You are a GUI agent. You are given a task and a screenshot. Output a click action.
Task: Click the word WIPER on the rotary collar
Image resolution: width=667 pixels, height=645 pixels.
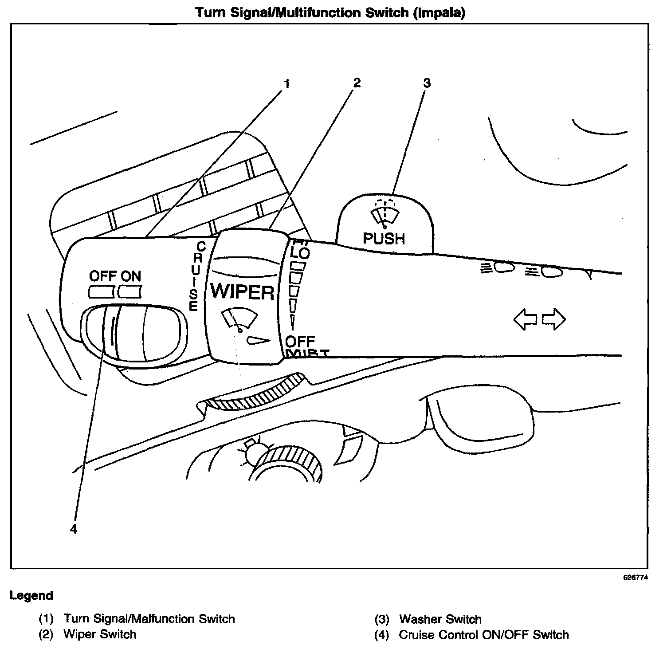tap(243, 292)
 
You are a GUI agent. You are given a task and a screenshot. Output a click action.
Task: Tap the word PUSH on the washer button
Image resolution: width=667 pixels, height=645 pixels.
tap(384, 239)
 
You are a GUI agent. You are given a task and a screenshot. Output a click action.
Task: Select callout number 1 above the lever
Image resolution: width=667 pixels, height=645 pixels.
tap(286, 84)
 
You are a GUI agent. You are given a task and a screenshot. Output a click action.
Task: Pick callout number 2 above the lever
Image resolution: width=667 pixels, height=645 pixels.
tap(357, 83)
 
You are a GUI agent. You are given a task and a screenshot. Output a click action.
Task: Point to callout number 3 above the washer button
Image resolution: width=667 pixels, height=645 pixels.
tap(426, 83)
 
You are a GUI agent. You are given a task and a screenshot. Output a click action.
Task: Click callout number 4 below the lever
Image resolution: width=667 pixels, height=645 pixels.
tap(74, 529)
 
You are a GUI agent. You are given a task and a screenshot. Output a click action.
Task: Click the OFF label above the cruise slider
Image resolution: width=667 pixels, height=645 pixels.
tap(102, 276)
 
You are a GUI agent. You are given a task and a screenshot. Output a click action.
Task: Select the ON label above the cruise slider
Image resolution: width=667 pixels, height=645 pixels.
tap(131, 276)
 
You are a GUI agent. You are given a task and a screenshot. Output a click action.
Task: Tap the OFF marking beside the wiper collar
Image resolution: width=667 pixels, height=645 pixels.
tap(300, 341)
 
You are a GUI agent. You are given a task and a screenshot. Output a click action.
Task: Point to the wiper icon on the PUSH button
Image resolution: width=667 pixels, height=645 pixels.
tap(385, 213)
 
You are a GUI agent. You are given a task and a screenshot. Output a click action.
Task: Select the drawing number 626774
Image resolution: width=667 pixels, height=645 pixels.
tap(636, 578)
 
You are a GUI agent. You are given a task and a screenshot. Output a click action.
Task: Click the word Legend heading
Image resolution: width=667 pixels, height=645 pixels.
tap(31, 595)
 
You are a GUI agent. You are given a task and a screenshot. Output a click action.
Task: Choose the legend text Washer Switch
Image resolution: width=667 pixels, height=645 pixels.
tap(440, 619)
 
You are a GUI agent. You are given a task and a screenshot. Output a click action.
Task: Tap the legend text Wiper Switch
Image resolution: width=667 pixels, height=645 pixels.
tap(100, 634)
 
